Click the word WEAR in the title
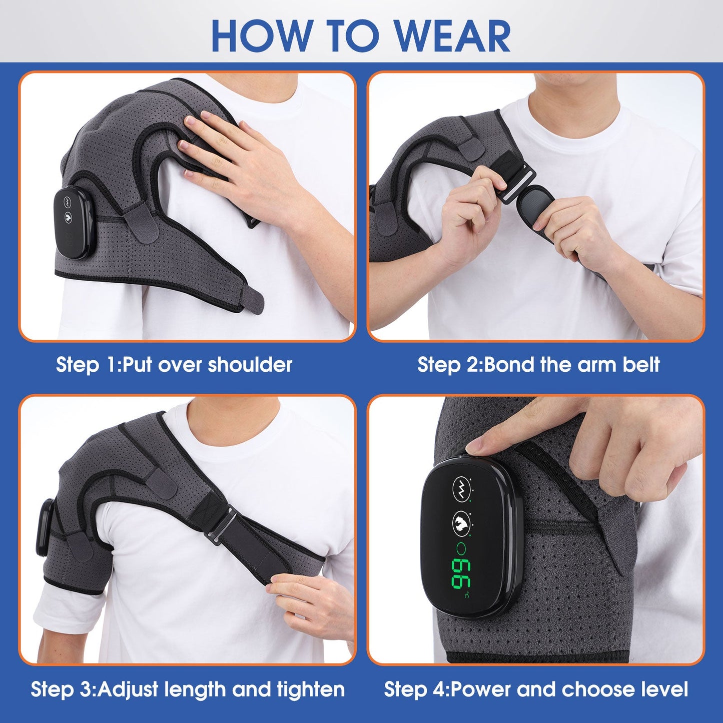click(453, 36)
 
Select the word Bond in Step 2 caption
click(510, 364)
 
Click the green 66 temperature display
click(460, 573)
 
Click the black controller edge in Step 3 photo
click(44, 528)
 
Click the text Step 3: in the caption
click(63, 689)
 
